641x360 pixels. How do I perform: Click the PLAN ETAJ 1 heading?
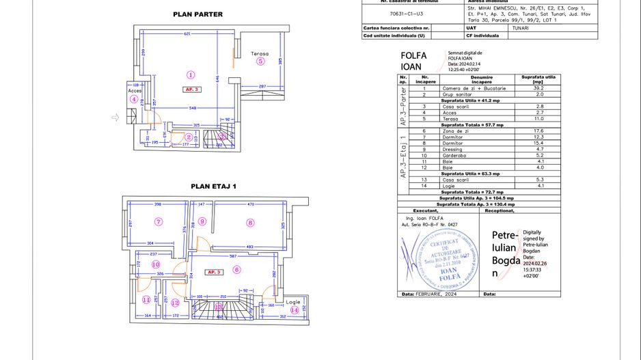[x=213, y=186]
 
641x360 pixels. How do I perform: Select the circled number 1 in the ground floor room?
[x=191, y=75]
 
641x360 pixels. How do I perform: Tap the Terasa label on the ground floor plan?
[x=259, y=53]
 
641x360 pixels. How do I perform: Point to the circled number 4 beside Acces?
[x=134, y=99]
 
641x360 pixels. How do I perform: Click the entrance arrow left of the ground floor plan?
[x=115, y=117]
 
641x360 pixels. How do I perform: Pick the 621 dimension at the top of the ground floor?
[x=186, y=34]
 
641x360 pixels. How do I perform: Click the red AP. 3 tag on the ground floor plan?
[x=191, y=89]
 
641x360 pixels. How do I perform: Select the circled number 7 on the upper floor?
[x=159, y=221]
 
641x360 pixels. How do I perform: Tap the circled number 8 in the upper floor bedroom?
[x=251, y=222]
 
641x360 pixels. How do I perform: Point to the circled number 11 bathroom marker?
[x=146, y=299]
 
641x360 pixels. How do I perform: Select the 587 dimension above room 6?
[x=233, y=256]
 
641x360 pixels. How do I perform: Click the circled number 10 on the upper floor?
[x=156, y=264]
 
